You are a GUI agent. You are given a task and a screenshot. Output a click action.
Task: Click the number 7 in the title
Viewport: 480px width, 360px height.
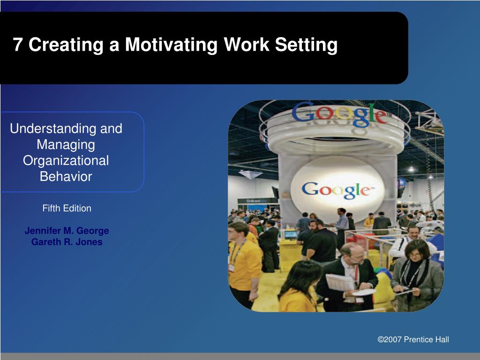[18, 45]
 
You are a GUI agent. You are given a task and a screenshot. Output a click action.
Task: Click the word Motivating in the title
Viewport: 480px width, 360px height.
[172, 45]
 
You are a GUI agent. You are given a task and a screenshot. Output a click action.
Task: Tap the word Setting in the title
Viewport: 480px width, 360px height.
[306, 45]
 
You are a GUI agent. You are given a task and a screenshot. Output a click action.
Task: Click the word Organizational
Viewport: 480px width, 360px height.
[66, 161]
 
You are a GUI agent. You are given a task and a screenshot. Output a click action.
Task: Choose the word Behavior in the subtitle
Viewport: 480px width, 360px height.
[66, 176]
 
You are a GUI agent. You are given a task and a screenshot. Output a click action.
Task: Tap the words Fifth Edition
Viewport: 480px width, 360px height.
[67, 208]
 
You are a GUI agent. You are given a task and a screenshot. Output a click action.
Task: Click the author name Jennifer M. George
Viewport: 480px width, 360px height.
[67, 231]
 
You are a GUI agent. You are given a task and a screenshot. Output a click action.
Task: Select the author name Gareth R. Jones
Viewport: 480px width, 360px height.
[67, 242]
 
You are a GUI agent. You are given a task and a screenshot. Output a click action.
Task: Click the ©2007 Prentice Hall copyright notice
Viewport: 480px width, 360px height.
[413, 339]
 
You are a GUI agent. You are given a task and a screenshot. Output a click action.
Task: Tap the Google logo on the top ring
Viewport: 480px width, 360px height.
[340, 114]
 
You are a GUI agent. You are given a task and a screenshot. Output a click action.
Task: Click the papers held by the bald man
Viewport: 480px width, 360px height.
[339, 282]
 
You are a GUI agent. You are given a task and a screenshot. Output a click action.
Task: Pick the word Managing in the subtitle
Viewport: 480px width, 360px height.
[66, 145]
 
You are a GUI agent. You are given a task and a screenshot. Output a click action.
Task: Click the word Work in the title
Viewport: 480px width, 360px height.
[247, 45]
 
